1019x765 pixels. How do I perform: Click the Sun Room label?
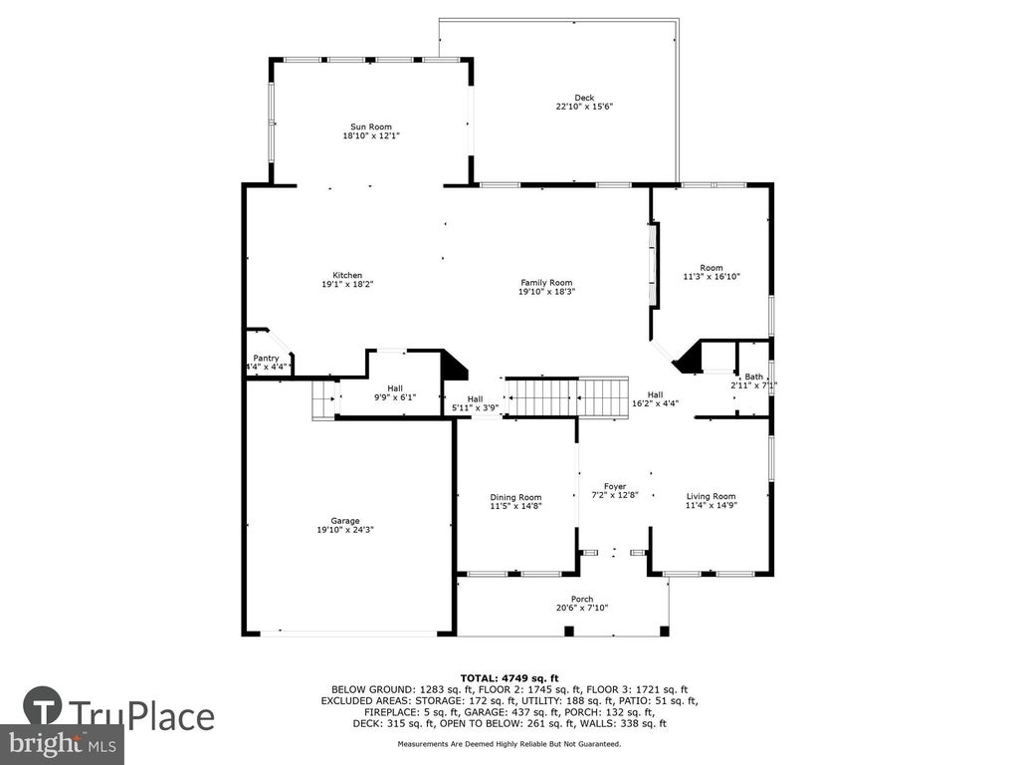371,127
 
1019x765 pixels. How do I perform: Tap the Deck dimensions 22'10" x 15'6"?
584,106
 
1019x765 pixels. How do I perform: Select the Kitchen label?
347,275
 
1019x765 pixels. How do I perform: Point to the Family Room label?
546,282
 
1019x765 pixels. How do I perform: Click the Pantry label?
266,359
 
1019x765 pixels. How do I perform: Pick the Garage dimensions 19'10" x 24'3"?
345,530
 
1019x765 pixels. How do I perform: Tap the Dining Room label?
516,498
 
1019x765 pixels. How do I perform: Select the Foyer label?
615,486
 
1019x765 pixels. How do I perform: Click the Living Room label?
711,496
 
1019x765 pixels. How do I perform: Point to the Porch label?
582,599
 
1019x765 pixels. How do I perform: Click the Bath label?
754,377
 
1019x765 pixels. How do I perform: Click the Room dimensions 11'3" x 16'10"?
712,277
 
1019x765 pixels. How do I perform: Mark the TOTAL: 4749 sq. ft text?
509,677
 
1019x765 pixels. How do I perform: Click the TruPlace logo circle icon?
43,706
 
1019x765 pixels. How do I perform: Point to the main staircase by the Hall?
567,396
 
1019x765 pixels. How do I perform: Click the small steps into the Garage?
323,400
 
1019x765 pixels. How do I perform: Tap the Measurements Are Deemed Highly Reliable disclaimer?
509,743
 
